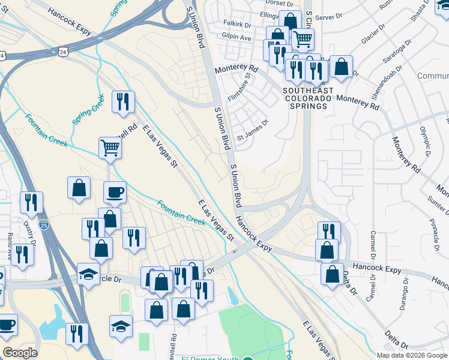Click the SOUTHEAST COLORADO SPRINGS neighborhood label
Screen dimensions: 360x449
click(x=307, y=98)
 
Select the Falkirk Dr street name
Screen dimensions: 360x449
click(x=235, y=25)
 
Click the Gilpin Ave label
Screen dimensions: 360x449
click(x=237, y=37)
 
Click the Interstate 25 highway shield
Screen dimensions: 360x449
click(x=44, y=224)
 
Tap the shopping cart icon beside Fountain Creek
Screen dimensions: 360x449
click(x=110, y=147)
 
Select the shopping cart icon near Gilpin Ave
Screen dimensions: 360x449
click(x=303, y=40)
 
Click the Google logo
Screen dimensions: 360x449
click(x=20, y=353)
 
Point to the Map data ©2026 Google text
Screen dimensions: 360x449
click(x=411, y=355)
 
